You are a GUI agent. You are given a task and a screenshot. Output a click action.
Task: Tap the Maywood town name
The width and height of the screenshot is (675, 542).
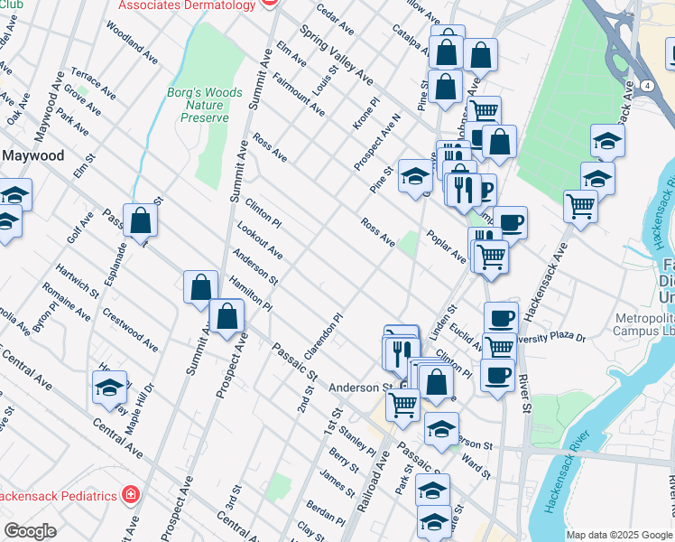coord(32,155)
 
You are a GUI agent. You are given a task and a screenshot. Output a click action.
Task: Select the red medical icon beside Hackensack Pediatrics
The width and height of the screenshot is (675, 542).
coord(131,495)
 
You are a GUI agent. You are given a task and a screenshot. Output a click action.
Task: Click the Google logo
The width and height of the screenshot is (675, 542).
coord(30,531)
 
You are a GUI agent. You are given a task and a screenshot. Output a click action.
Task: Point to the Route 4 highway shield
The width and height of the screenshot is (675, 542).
coord(648,85)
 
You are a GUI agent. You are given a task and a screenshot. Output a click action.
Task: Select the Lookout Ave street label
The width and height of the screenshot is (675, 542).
coord(260,240)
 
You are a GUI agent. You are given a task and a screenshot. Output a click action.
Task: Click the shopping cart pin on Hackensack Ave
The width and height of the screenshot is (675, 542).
coord(580,207)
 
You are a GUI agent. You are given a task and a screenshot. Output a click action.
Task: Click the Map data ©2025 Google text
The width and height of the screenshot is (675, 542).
coord(619,535)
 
